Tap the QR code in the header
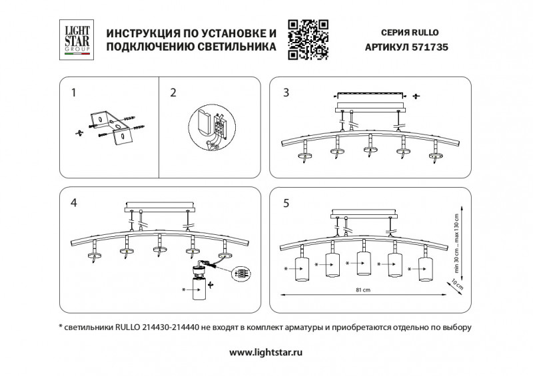coord(308,39)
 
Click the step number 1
coord(74,93)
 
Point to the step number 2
coord(173,93)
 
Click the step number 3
coord(286,93)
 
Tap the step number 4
coord(74,203)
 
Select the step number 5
coord(286,203)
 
